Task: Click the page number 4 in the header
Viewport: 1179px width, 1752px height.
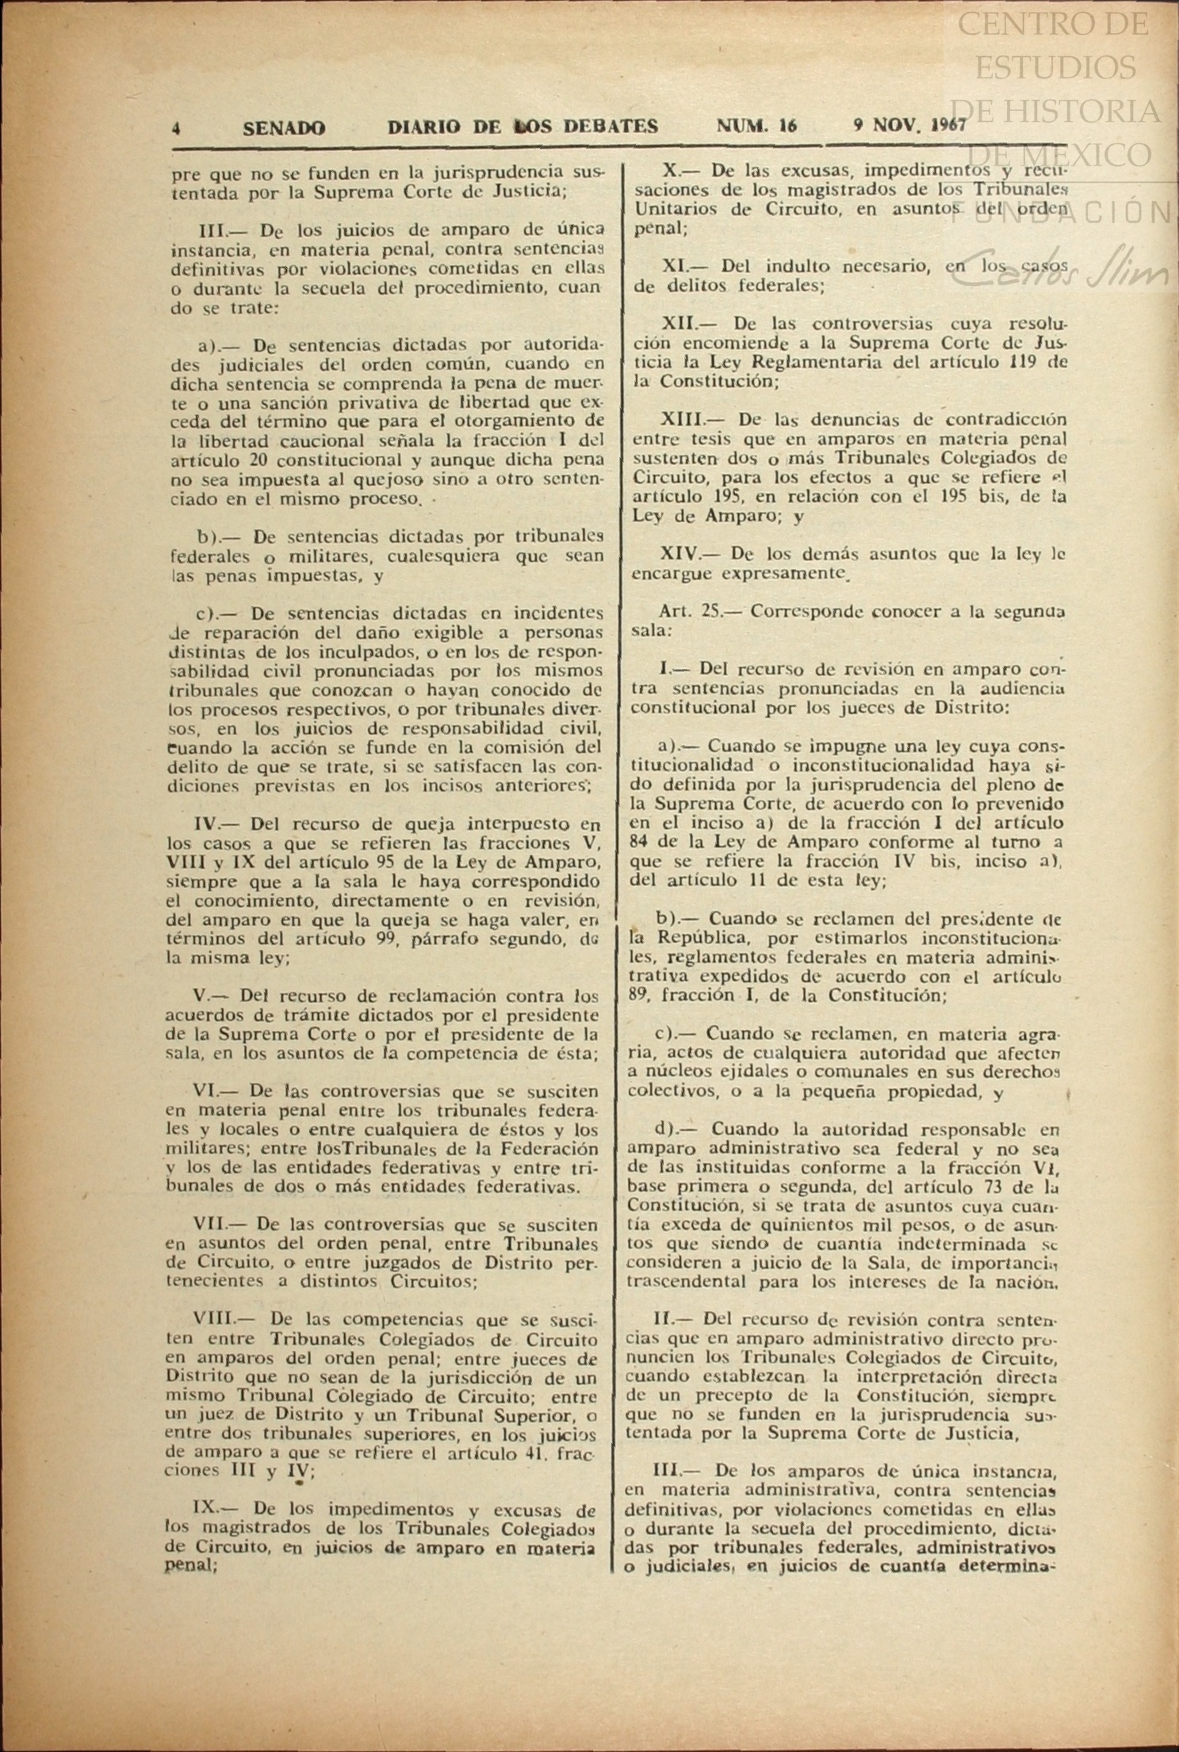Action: (177, 128)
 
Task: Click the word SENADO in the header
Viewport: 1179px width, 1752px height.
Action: (284, 128)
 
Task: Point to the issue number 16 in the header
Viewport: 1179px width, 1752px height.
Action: (787, 126)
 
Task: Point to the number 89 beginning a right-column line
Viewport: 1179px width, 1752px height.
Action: (639, 996)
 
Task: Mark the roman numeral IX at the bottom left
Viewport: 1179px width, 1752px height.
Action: (205, 1510)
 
